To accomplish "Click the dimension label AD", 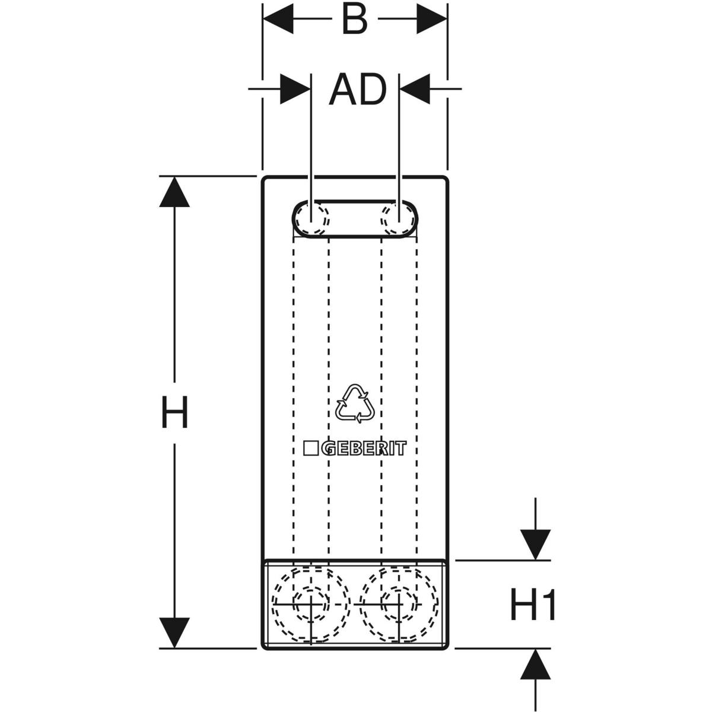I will pos(357,90).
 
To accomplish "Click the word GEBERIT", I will pos(364,449).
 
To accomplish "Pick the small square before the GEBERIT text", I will pos(311,449).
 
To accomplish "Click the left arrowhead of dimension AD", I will pos(295,90).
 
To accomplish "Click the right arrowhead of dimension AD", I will pos(415,90).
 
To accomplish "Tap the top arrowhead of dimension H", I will pos(174,192).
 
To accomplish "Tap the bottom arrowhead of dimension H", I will pos(174,632).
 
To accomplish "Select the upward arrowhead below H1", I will pos(536,665).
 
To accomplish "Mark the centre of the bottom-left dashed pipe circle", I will pos(311,604).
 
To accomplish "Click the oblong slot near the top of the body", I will pos(355,219).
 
